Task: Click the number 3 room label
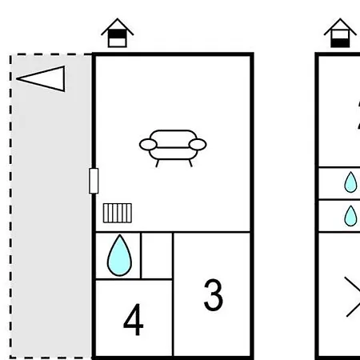click(x=214, y=294)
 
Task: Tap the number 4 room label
click(x=134, y=319)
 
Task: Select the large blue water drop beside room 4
click(x=119, y=255)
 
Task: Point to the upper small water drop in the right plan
click(x=350, y=182)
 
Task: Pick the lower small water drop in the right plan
click(x=350, y=216)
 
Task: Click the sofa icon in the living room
click(x=173, y=148)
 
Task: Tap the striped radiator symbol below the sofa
click(x=118, y=213)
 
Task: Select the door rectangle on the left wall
click(x=94, y=181)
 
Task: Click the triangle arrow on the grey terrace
click(x=41, y=78)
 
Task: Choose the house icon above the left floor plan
click(x=118, y=33)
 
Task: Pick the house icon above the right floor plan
click(x=340, y=33)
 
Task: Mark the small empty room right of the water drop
click(x=157, y=256)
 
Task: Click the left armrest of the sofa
click(x=148, y=145)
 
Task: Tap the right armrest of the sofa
click(x=198, y=145)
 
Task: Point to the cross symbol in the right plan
click(x=353, y=297)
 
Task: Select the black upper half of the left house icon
click(x=118, y=34)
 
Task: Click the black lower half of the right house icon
click(x=340, y=42)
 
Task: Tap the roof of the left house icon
click(x=118, y=26)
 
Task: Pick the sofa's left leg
click(x=157, y=163)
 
